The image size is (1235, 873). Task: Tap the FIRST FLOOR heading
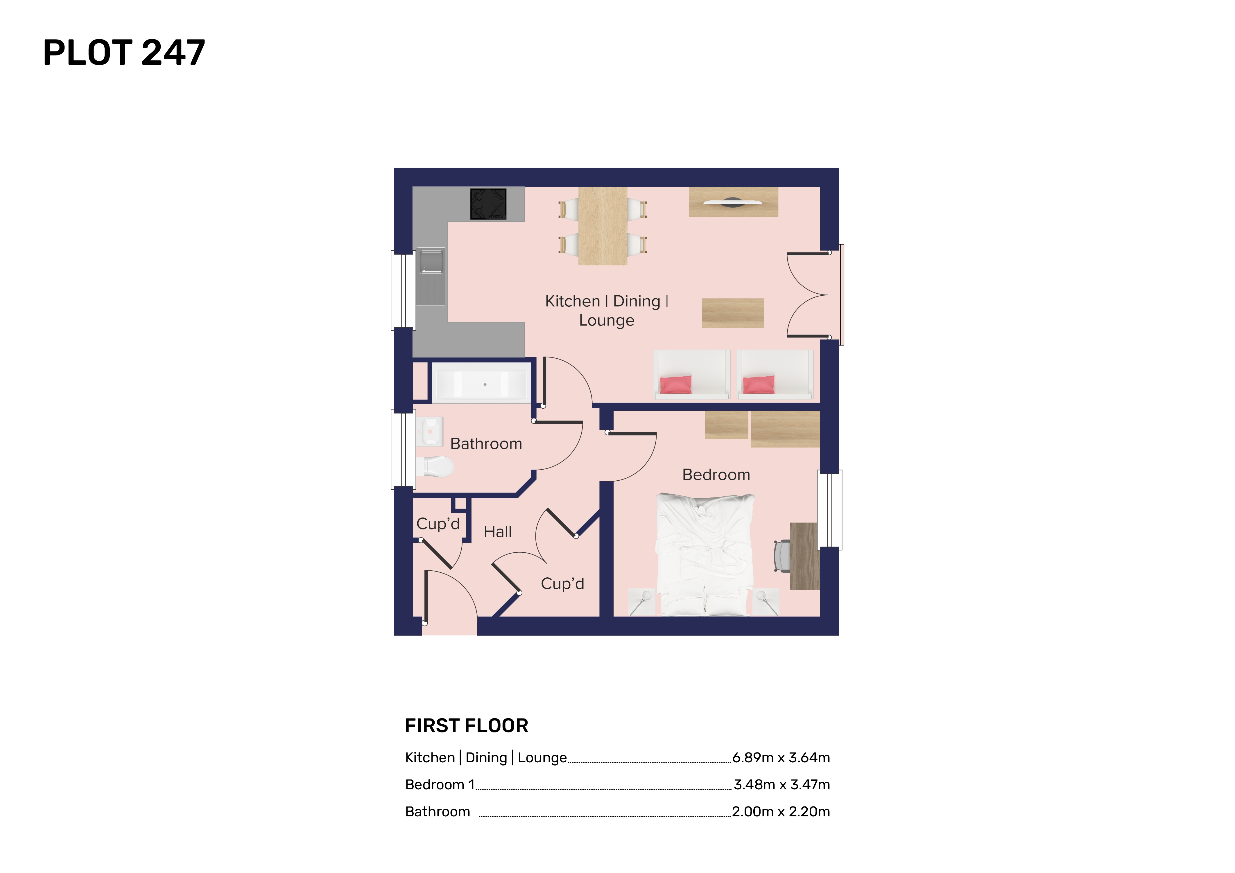[x=466, y=726]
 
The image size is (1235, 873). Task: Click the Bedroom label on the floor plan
[x=716, y=475]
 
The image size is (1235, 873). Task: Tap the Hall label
[x=498, y=532]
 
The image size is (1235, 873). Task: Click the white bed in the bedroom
[x=704, y=554]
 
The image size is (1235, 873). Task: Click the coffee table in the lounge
[x=733, y=313]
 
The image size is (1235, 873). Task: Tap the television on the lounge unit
[x=733, y=203]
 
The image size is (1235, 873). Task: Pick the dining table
[x=603, y=226]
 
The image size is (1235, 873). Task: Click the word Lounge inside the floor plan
[x=607, y=320]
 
